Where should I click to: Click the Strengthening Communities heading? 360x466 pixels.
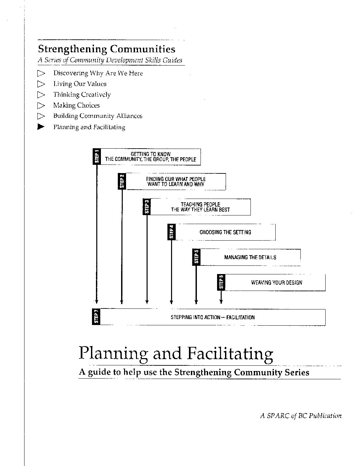pyautogui.click(x=107, y=49)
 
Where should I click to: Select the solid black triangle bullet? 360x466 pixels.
pyautogui.click(x=41, y=127)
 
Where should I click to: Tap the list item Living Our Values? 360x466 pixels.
pyautogui.click(x=80, y=84)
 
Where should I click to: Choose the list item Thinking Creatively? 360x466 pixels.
pyautogui.click(x=82, y=95)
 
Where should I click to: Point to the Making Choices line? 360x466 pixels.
pyautogui.click(x=76, y=105)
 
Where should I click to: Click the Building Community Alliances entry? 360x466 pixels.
pyautogui.click(x=98, y=116)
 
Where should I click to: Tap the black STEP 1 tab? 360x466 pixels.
pyautogui.click(x=97, y=157)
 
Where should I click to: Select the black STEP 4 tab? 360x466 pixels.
pyautogui.click(x=171, y=232)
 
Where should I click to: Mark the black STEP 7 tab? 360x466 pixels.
pyautogui.click(x=96, y=317)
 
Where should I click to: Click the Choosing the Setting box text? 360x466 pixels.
pyautogui.click(x=225, y=232)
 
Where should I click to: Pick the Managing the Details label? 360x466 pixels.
pyautogui.click(x=250, y=257)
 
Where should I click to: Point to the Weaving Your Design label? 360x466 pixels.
pyautogui.click(x=277, y=283)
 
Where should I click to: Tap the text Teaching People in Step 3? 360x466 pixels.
pyautogui.click(x=200, y=205)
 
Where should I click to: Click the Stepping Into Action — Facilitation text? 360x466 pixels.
pyautogui.click(x=213, y=317)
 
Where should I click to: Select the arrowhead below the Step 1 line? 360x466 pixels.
pyautogui.click(x=97, y=302)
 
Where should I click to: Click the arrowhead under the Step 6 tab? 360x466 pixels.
pyautogui.click(x=221, y=302)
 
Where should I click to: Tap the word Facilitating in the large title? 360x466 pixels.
pyautogui.click(x=230, y=353)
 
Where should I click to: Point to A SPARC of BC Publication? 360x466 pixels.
pyautogui.click(x=300, y=416)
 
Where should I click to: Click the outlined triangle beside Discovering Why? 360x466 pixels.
pyautogui.click(x=41, y=73)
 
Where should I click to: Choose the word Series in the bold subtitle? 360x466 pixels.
pyautogui.click(x=296, y=372)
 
